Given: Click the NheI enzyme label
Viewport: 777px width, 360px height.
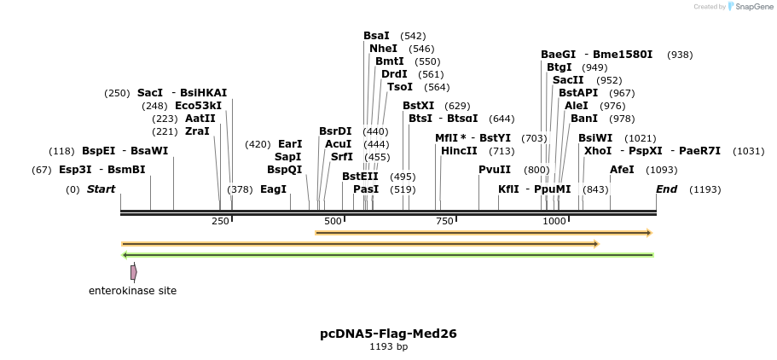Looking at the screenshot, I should pos(383,49).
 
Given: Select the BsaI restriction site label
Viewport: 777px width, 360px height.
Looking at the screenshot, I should pos(376,36).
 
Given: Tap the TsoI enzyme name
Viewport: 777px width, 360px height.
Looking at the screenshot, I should pos(400,87).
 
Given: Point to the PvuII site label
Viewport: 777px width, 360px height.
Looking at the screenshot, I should pos(495,170).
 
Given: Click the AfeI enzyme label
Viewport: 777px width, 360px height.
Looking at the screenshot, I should pos(622,170).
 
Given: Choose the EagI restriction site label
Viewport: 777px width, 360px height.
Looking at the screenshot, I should pos(273,189).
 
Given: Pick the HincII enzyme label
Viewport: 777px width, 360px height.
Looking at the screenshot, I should pos(459,151).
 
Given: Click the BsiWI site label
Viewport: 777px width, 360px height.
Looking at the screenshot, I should pos(595,138).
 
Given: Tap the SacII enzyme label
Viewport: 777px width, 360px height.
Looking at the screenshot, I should pos(568,80).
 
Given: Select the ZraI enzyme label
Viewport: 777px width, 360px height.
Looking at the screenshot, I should pos(197,131).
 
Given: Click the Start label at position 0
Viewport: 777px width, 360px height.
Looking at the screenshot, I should pos(101,189).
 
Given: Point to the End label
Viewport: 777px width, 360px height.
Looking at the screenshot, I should pos(666,189).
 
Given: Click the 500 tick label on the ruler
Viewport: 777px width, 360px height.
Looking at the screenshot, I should pos(333,221).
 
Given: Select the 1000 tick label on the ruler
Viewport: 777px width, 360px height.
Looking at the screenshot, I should pos(554,221).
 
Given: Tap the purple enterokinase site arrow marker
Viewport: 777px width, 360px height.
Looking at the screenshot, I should pos(133,272).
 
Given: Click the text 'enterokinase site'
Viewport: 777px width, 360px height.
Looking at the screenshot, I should pos(132,291).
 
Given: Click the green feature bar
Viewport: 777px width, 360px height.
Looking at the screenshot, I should pos(388,255).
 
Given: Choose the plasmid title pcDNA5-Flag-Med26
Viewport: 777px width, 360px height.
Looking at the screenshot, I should pos(388,334).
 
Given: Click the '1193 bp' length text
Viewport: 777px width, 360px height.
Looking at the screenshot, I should pos(388,347).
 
